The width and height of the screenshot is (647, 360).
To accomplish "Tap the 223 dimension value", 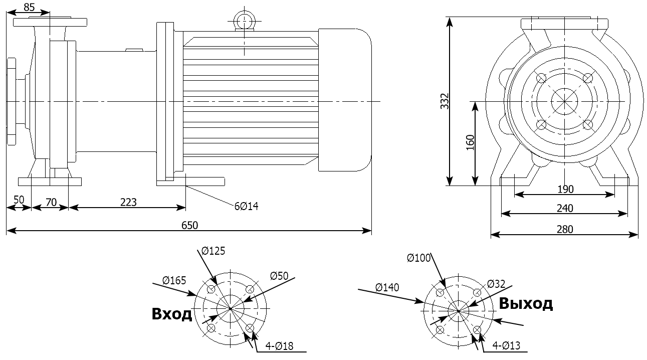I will [128, 202].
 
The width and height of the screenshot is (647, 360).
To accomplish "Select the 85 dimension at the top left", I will [30, 7].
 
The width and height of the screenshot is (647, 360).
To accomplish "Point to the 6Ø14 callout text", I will [246, 206].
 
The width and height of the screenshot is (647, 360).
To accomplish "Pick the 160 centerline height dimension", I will [470, 143].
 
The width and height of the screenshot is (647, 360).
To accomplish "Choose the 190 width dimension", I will [564, 189].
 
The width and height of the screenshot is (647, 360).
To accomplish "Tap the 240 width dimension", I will [564, 208].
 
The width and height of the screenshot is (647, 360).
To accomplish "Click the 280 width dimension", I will [564, 229].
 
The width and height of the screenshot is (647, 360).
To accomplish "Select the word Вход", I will [172, 314].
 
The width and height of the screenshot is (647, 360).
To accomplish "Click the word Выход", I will [526, 303].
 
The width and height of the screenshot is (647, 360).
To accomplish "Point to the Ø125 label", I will [214, 250].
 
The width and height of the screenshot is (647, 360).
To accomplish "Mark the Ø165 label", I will [174, 280].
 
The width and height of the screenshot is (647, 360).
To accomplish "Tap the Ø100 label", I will [419, 258].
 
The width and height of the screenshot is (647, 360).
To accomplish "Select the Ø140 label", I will [387, 287].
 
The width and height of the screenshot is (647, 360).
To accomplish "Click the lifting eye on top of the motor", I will [244, 21].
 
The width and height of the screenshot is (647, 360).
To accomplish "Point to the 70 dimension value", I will [51, 202].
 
